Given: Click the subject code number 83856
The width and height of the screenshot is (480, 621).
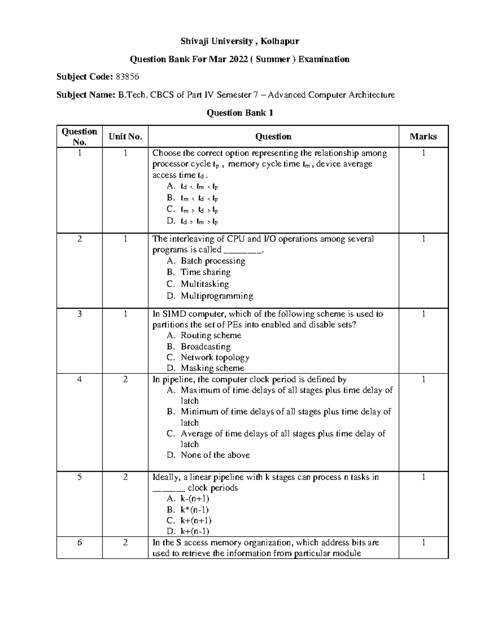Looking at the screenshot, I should [x=127, y=77].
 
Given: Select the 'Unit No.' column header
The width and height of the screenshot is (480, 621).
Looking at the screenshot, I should [x=125, y=137].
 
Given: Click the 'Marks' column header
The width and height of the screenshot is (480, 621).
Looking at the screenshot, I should [x=423, y=137].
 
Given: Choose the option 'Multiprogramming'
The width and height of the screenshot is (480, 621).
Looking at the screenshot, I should [x=216, y=296].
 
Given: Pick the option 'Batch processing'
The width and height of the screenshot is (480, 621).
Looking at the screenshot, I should [x=213, y=261].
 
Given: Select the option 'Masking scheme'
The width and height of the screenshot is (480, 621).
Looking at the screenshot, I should [x=212, y=368].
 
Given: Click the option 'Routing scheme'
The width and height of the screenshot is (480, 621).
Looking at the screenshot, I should [x=211, y=335].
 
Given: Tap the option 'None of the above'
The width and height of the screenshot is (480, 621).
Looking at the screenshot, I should [x=215, y=455].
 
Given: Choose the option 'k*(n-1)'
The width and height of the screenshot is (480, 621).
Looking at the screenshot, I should [x=194, y=510].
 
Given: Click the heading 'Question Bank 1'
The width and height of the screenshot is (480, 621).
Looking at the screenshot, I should [x=240, y=113].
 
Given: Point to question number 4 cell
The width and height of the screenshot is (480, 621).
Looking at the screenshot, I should [x=80, y=379].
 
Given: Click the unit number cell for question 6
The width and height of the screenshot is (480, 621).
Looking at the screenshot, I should [x=125, y=543].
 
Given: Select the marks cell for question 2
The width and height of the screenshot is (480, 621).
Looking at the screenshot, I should [x=423, y=239].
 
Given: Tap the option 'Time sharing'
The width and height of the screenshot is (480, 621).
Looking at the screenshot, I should [x=206, y=272].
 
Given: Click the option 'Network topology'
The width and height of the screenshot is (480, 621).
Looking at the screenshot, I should [x=215, y=357].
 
